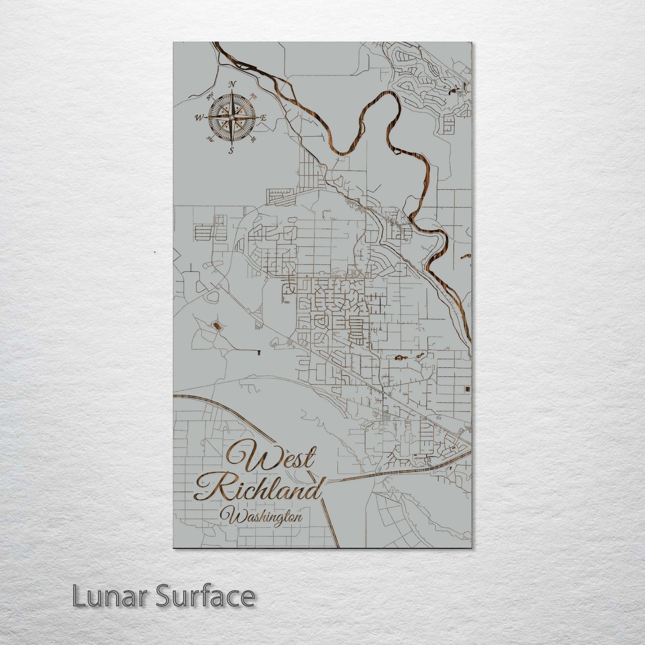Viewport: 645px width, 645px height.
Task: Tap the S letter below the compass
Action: pos(231,150)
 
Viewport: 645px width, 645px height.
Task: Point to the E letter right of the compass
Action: pos(263,118)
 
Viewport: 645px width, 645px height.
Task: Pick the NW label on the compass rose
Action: pos(209,96)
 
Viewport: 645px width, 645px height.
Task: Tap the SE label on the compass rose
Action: pos(254,140)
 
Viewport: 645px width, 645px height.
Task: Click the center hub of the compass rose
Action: pos(231,117)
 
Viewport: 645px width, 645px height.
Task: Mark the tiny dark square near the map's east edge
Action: pos(466,389)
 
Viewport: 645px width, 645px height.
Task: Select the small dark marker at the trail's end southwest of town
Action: pos(259,353)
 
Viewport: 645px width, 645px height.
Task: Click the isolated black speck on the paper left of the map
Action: pos(154,252)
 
